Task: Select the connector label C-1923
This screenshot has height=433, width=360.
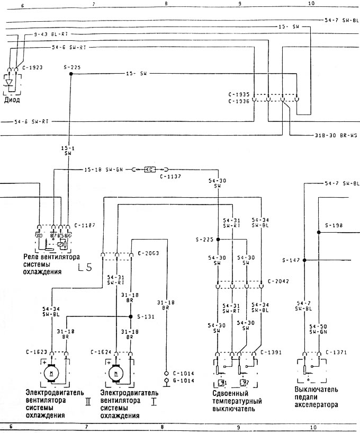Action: click(32, 68)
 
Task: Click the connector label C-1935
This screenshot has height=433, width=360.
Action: click(238, 94)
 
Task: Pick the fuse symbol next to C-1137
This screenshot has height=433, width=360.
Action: click(150, 170)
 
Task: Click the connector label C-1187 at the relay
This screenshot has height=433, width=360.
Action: click(84, 225)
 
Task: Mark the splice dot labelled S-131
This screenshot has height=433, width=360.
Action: click(131, 316)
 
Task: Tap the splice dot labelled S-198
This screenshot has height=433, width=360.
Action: click(318, 232)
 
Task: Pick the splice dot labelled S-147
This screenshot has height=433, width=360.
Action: click(304, 260)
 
